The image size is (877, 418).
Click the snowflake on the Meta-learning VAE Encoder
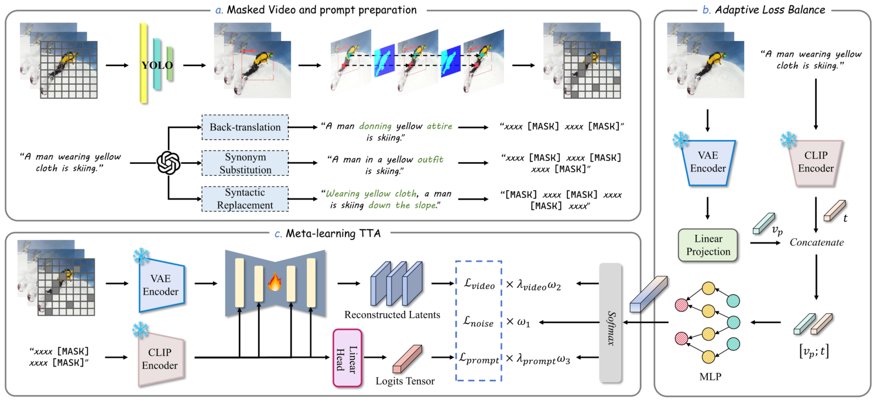(x=142, y=256)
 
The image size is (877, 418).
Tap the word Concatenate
(x=817, y=242)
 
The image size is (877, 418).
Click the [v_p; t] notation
(x=814, y=352)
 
